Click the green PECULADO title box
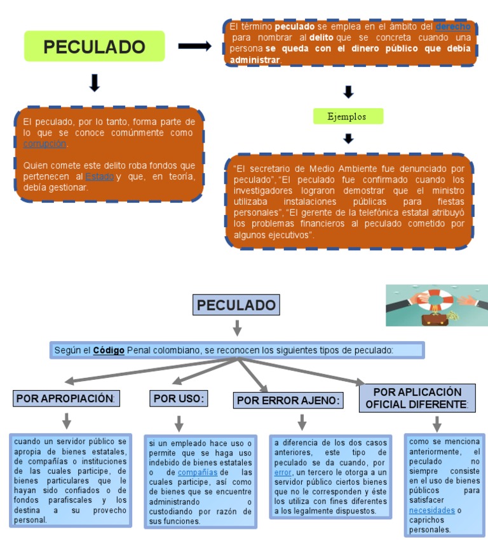[94, 46]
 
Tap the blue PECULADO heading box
[236, 305]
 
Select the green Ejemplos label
[348, 116]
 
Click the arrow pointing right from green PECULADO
[194, 46]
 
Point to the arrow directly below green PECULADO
[95, 83]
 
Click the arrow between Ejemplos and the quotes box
[348, 138]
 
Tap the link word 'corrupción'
[44, 144]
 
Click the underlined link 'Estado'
[100, 176]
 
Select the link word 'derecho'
[453, 27]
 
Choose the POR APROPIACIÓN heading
[67, 399]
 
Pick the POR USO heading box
[179, 399]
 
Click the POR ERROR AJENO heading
[288, 400]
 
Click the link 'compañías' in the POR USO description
[198, 473]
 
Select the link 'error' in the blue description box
[283, 473]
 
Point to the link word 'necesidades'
[431, 510]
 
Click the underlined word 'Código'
[109, 350]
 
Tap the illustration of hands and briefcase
[437, 305]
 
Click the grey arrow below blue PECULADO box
[237, 328]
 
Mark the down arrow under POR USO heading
[179, 423]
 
